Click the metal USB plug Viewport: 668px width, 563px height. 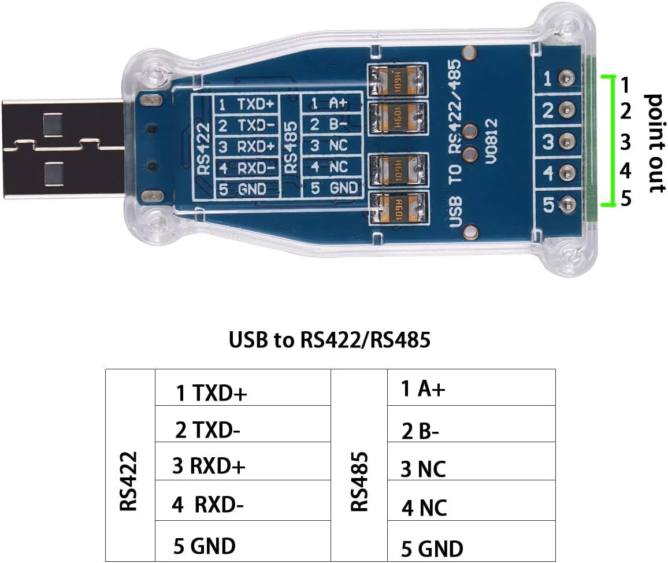pos(64,149)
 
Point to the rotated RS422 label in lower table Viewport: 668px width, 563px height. pos(128,481)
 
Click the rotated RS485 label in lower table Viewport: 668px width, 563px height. pos(359,481)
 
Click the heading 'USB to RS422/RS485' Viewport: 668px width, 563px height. pos(329,340)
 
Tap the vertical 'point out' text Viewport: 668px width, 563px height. pos(655,143)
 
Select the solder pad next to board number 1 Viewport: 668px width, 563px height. pos(567,78)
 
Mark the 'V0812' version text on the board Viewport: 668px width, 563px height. pos(491,141)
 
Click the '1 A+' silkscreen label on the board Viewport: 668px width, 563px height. pos(329,103)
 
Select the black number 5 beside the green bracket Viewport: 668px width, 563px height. pos(625,199)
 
